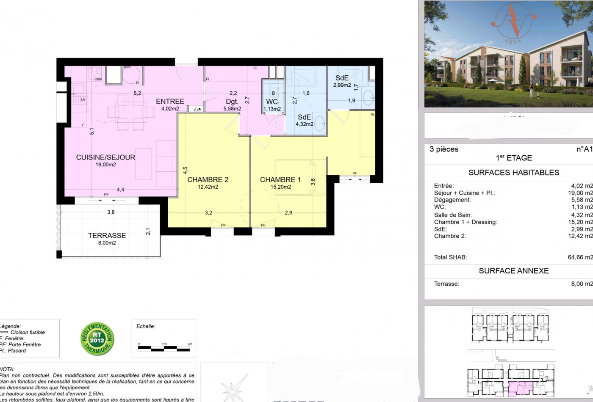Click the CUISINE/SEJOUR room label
105,157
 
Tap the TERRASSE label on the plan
107,236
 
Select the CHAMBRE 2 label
208,180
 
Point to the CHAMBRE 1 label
280,180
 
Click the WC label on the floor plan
272,102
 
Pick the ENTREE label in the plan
170,102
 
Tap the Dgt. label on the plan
232,102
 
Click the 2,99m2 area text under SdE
342,85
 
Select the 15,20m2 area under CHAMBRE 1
280,187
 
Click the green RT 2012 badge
97,339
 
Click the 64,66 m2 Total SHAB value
580,257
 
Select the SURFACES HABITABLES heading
513,173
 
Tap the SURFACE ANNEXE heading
513,271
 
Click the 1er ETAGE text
513,158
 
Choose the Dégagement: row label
452,200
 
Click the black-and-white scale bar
165,349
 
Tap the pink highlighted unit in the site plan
521,388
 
